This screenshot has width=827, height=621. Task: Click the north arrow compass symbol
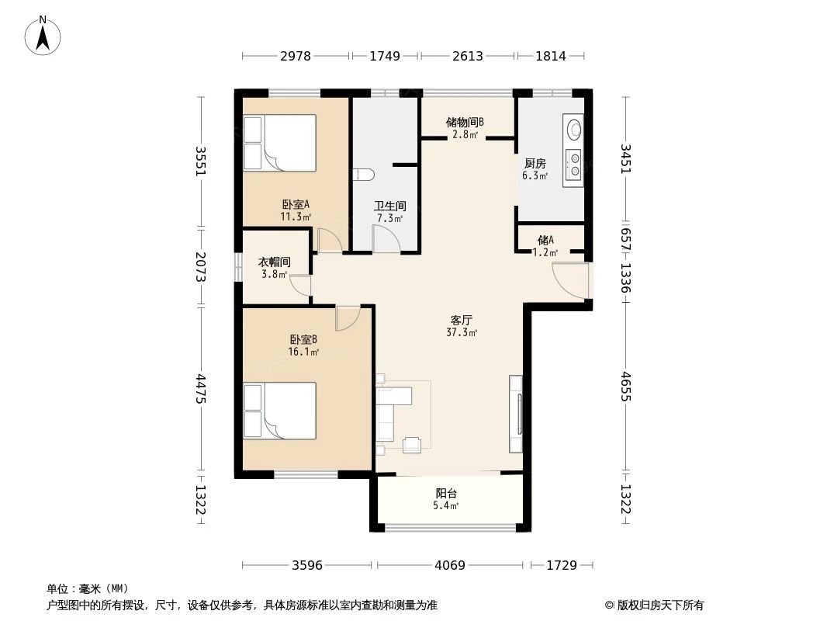click(44, 35)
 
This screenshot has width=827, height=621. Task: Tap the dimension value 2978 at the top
click(295, 56)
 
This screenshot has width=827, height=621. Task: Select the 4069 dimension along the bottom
click(449, 565)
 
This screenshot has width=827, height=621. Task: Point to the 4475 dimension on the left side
click(201, 389)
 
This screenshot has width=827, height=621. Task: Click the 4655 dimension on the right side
click(626, 386)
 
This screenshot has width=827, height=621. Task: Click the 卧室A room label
click(296, 206)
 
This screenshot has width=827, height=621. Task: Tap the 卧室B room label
click(303, 340)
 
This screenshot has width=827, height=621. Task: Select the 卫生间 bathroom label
click(389, 206)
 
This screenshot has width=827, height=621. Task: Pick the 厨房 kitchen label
click(535, 164)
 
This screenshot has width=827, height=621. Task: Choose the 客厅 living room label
click(462, 320)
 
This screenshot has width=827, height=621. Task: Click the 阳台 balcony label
click(446, 494)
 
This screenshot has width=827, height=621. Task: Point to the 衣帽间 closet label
click(274, 262)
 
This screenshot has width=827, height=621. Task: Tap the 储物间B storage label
click(465, 123)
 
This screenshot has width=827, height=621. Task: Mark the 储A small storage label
click(545, 241)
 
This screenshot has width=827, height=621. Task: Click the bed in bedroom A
click(280, 143)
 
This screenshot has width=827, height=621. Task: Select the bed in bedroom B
click(280, 411)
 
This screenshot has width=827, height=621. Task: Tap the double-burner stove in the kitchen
click(574, 164)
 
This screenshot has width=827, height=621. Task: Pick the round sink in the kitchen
click(574, 127)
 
